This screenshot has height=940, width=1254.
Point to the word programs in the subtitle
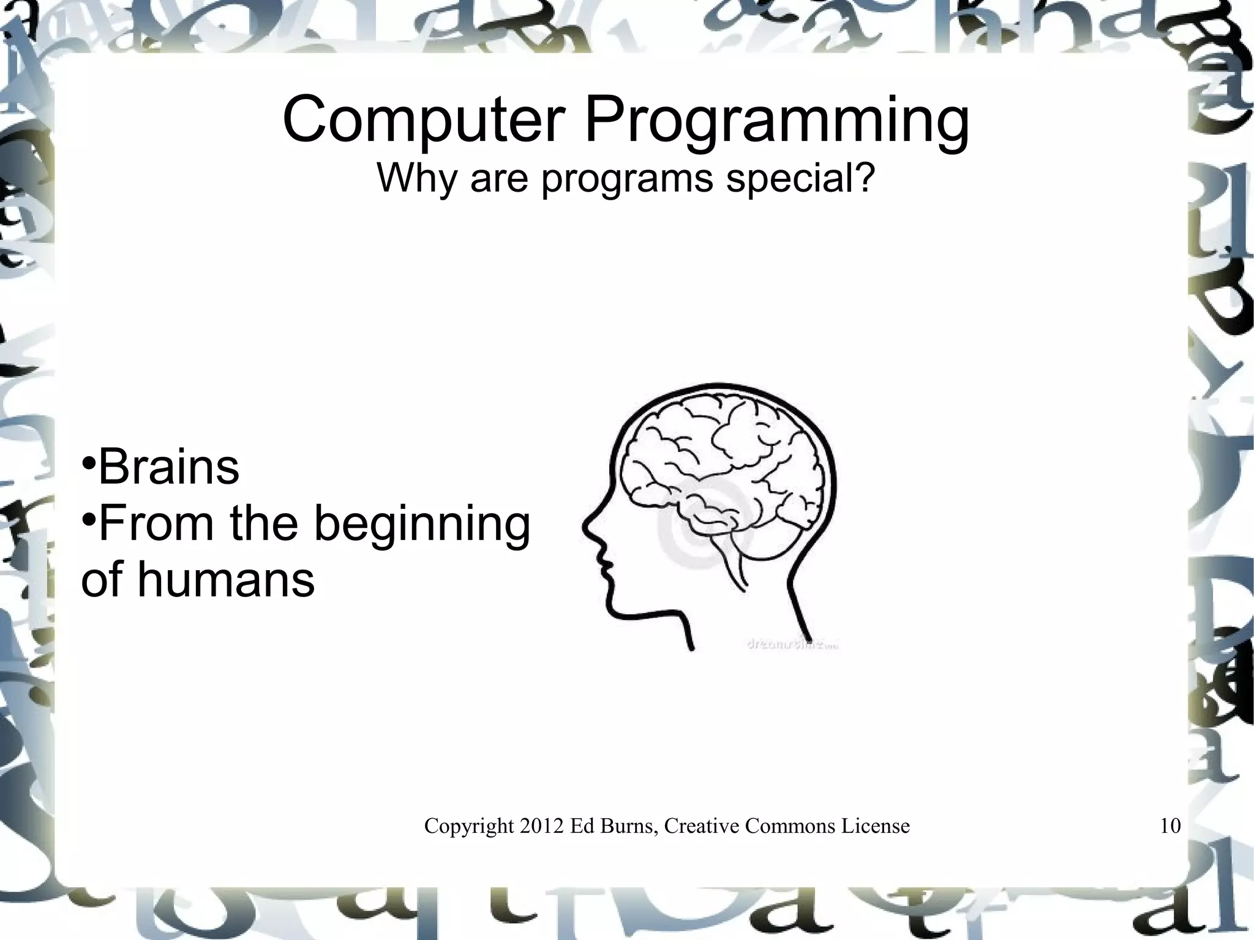(x=627, y=179)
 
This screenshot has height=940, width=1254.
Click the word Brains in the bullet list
(x=168, y=467)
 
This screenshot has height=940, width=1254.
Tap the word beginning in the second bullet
(x=422, y=525)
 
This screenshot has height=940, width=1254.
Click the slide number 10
(x=1170, y=826)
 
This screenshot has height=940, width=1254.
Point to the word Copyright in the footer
(x=469, y=827)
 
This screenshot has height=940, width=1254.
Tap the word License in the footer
(x=875, y=826)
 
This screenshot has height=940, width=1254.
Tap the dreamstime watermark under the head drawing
(x=791, y=644)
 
